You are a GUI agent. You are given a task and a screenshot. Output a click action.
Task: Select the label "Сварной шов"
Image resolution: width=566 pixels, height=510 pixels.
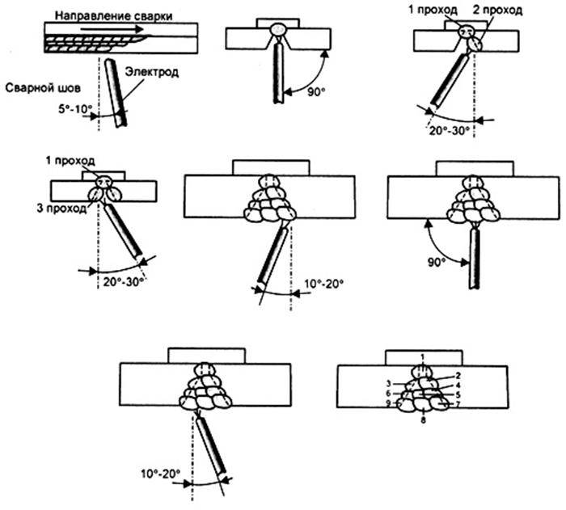tap(36, 87)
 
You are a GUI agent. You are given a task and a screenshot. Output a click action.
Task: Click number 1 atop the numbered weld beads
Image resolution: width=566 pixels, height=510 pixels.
tap(422, 356)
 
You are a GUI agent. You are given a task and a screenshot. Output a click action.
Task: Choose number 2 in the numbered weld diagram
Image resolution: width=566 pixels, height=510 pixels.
tap(457, 376)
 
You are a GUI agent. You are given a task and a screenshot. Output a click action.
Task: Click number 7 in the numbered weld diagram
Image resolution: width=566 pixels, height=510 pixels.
tap(457, 403)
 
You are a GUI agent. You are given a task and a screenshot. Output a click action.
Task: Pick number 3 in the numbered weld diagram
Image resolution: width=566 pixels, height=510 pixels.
tap(388, 383)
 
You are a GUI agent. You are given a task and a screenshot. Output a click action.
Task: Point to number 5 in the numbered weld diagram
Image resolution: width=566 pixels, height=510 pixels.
tap(457, 394)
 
